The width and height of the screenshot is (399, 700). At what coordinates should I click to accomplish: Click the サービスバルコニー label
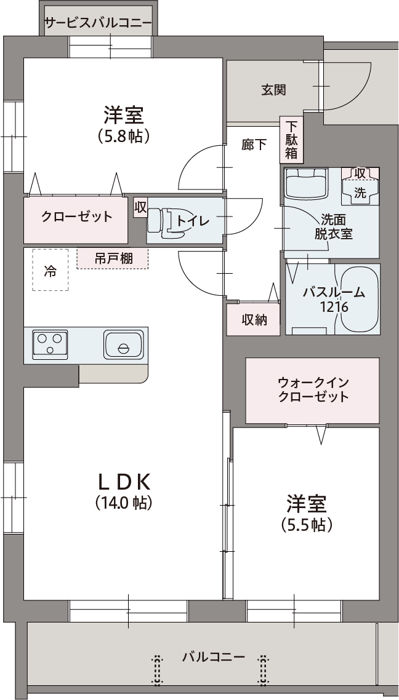point(98,23)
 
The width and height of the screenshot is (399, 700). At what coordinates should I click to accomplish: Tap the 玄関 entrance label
point(273,90)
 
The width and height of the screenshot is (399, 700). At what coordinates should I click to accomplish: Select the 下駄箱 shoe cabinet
point(291,140)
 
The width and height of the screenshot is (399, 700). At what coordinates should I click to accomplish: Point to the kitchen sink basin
point(124,344)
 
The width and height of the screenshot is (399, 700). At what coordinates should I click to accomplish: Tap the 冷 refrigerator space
point(50,271)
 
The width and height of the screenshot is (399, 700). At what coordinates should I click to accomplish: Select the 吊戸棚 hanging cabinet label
point(113,258)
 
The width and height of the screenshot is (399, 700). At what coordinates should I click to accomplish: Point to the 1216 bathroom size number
point(334,307)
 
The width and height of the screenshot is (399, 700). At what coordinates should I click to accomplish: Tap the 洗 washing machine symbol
point(360,193)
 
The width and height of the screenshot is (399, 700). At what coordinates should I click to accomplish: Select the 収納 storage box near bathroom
point(254,319)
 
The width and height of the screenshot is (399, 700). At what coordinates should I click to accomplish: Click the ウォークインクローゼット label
point(313,389)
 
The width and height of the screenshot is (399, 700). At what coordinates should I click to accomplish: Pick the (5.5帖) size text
point(307,525)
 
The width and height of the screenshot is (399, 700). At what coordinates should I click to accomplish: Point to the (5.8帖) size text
point(123,136)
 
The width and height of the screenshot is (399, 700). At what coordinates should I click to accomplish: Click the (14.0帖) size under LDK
point(123,503)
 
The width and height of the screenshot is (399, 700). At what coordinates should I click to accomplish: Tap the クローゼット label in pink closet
point(77,217)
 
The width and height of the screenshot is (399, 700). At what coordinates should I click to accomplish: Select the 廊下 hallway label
point(254,145)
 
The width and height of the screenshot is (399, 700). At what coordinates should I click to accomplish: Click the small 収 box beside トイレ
point(140,207)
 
